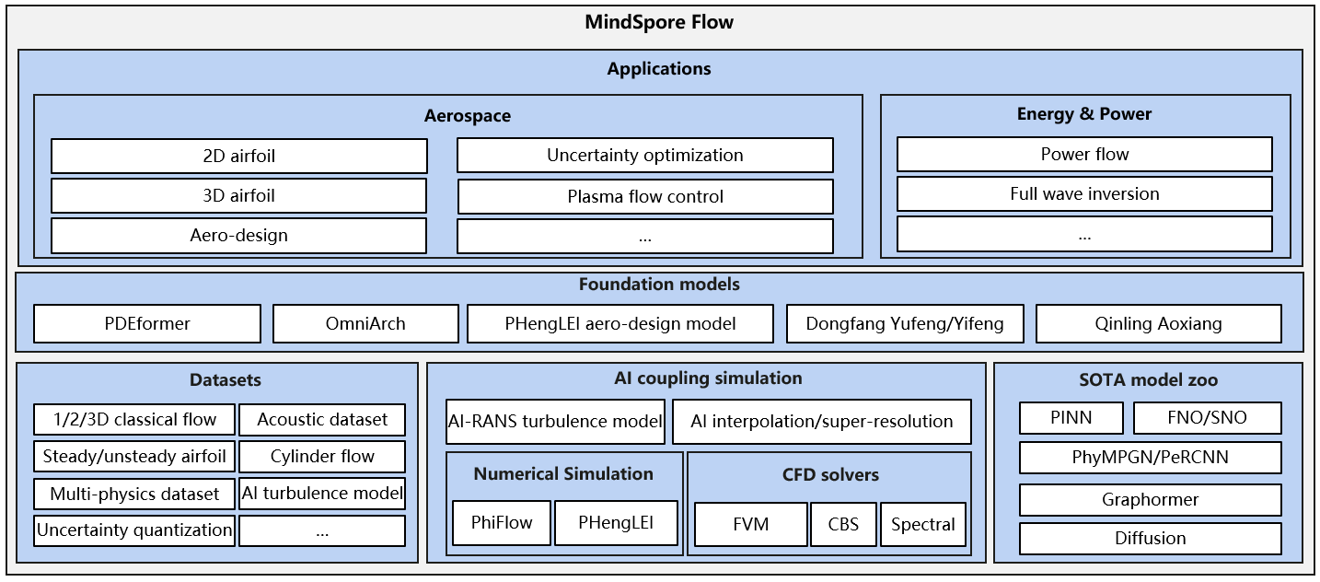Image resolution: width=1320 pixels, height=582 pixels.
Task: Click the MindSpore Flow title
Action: point(659,22)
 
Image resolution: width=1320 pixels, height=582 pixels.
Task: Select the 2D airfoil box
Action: point(239,156)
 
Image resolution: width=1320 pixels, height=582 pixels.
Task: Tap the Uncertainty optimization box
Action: point(644,156)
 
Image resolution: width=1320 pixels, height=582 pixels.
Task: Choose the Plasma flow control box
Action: point(644,196)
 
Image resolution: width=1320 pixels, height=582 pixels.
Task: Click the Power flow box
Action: point(1084,154)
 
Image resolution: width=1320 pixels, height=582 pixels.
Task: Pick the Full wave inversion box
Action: point(1084,193)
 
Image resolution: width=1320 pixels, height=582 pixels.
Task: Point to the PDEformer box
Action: point(147,323)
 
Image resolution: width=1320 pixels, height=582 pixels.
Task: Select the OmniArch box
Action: point(365,323)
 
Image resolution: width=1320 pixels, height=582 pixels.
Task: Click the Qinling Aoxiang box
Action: point(1158,323)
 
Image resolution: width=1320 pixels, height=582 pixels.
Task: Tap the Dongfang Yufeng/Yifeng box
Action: point(904,323)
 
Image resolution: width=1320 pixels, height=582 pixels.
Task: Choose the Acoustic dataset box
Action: point(322,420)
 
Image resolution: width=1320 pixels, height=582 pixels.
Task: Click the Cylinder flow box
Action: point(322,457)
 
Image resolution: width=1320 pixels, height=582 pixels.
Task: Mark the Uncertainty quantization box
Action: point(134,530)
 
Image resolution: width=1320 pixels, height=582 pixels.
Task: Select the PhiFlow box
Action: point(502,523)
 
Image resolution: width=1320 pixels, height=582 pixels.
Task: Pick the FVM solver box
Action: point(750,525)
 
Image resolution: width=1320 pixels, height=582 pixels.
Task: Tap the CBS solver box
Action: point(843,525)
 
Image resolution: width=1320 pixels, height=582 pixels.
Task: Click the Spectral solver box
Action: point(923,525)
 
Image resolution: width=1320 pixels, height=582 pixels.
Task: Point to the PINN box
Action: point(1071,418)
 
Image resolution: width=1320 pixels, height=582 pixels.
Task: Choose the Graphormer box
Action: point(1150,500)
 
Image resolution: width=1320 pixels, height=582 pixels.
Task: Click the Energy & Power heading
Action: point(1084,114)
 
